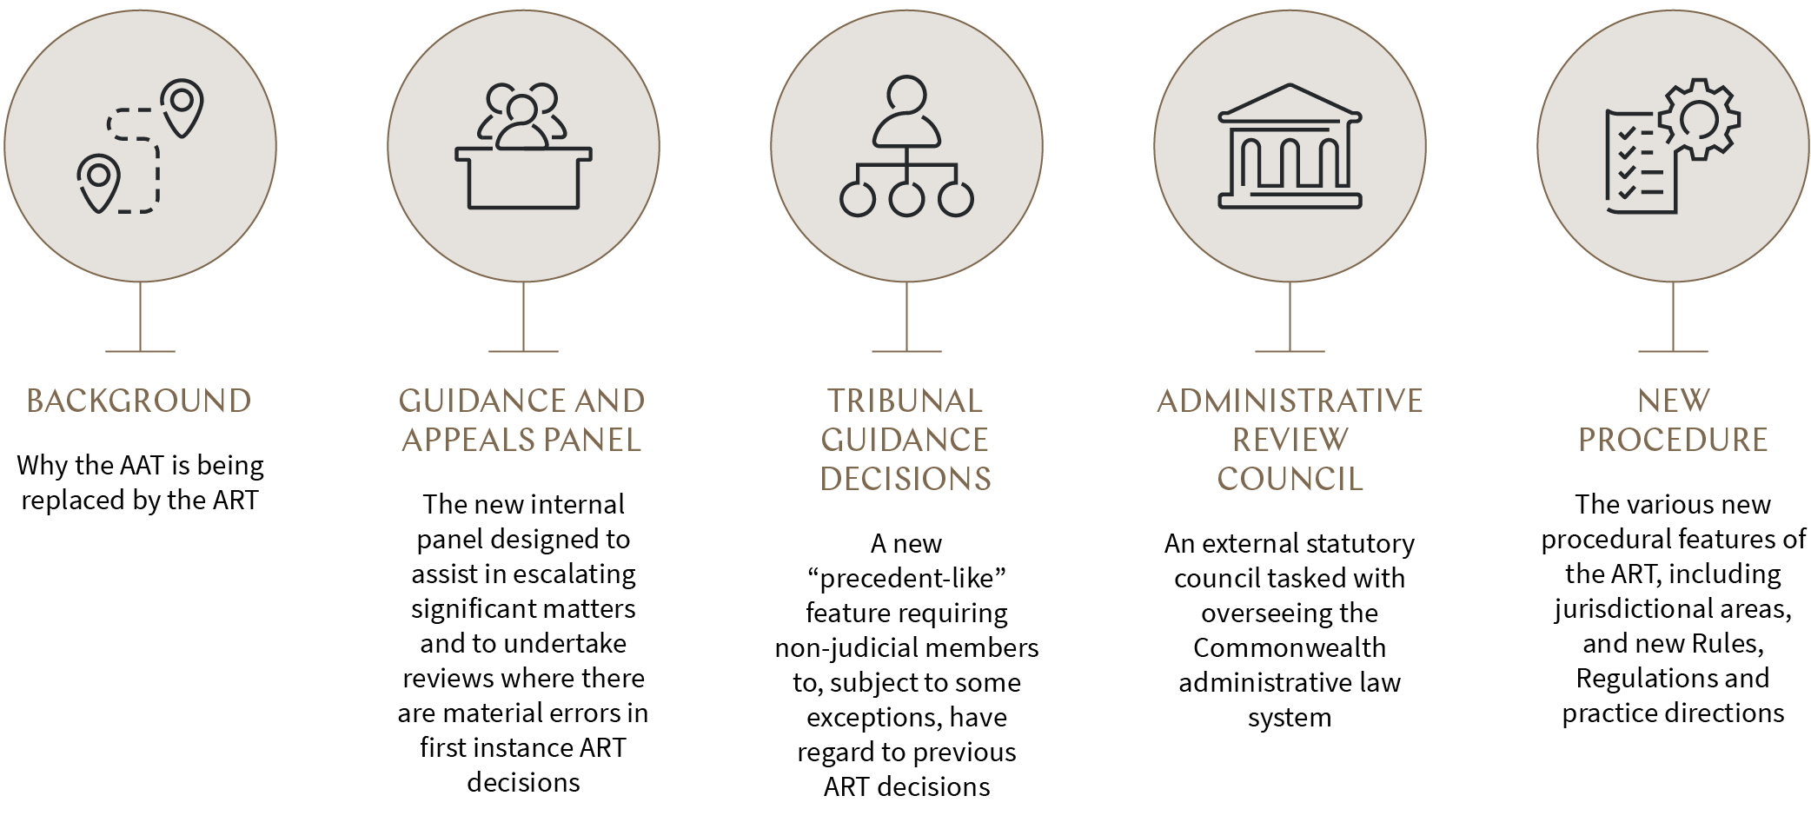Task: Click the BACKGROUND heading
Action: coord(139,401)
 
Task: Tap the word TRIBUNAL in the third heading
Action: coord(905,401)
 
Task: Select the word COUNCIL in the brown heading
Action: coord(1290,479)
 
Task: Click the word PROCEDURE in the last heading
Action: coord(1673,440)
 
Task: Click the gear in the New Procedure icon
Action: coord(1700,120)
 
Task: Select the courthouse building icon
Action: coord(1290,146)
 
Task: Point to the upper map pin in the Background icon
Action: coord(182,107)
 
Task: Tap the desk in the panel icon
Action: coord(523,178)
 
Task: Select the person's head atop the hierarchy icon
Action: coord(906,95)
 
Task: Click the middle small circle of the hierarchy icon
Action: coord(906,199)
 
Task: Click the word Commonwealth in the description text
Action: coord(1290,647)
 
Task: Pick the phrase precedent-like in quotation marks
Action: coord(906,578)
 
